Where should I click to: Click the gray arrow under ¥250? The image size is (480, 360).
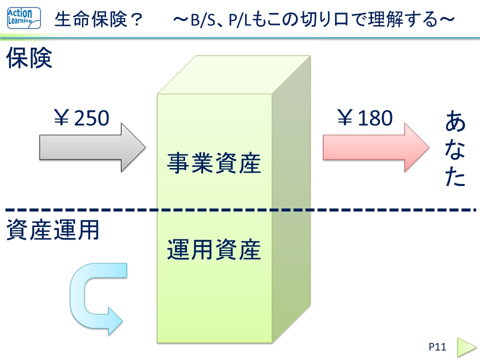(90, 148)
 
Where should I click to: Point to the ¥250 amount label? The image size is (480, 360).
(81, 118)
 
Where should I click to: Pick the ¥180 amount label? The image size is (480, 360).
(365, 118)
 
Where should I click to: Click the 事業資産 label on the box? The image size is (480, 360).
(214, 163)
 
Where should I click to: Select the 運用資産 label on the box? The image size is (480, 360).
(214, 249)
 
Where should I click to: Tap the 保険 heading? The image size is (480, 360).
(29, 59)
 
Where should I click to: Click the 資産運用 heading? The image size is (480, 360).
(53, 230)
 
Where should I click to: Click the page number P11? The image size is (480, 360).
(437, 346)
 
